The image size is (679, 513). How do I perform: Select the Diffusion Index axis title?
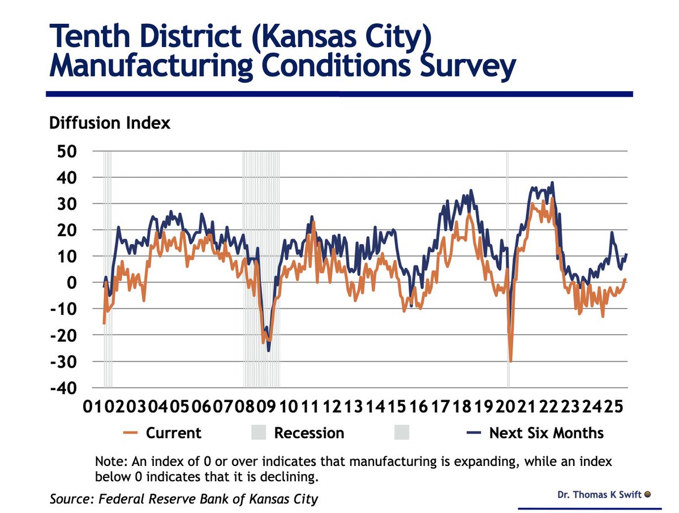110,123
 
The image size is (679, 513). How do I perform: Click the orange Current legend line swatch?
131,433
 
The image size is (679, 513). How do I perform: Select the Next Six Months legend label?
546,433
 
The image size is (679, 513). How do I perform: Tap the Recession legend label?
309,433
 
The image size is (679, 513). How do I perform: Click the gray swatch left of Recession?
257,433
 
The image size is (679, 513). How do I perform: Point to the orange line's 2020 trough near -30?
510,361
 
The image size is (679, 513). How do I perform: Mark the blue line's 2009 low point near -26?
269,350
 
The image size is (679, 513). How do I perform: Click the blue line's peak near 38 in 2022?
552,183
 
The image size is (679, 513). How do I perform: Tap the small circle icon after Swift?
647,494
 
